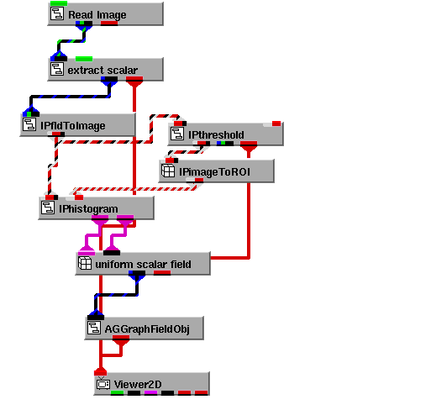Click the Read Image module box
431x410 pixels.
click(105, 14)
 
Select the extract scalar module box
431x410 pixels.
click(105, 70)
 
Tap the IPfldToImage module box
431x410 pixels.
click(77, 125)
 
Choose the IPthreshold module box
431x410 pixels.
click(226, 134)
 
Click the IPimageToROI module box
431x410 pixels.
click(217, 171)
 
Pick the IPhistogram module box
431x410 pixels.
click(96, 208)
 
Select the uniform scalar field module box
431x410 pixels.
click(143, 264)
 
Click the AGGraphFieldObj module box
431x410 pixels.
click(145, 329)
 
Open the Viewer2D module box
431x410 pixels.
click(152, 384)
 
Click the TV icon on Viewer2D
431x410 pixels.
click(103, 383)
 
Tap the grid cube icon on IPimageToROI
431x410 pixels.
click(168, 171)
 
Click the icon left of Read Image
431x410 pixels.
click(57, 13)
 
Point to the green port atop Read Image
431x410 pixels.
click(59, 3)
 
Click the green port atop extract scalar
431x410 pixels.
click(84, 59)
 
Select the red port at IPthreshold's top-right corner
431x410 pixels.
click(276, 124)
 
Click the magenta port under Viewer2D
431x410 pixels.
click(150, 393)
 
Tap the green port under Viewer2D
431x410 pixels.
click(117, 393)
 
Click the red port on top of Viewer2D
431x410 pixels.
click(101, 371)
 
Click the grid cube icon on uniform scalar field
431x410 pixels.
click(85, 263)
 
